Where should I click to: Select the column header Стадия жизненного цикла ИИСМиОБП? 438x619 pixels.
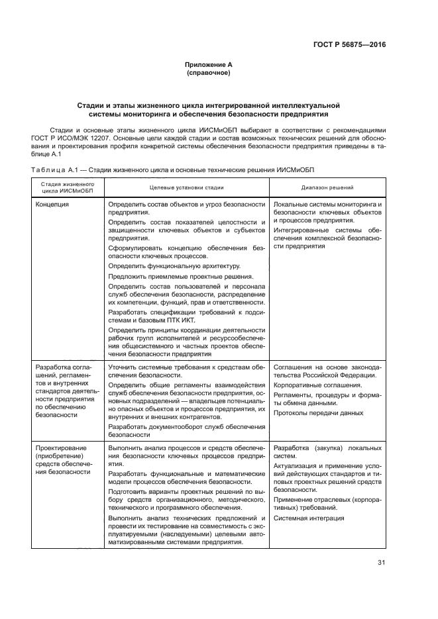66,187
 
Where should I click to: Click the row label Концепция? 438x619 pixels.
52,205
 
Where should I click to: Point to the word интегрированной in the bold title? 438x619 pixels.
260,105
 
